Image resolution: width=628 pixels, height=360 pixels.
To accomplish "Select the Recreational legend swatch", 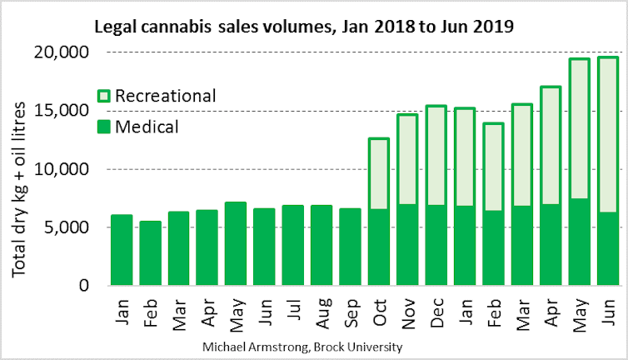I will click(x=104, y=96).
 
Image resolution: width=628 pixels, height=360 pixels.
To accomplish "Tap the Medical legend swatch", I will click(x=104, y=127).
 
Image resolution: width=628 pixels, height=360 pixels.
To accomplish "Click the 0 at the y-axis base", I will click(x=83, y=286).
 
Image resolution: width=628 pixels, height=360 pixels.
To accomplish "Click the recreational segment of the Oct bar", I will click(x=380, y=173).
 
